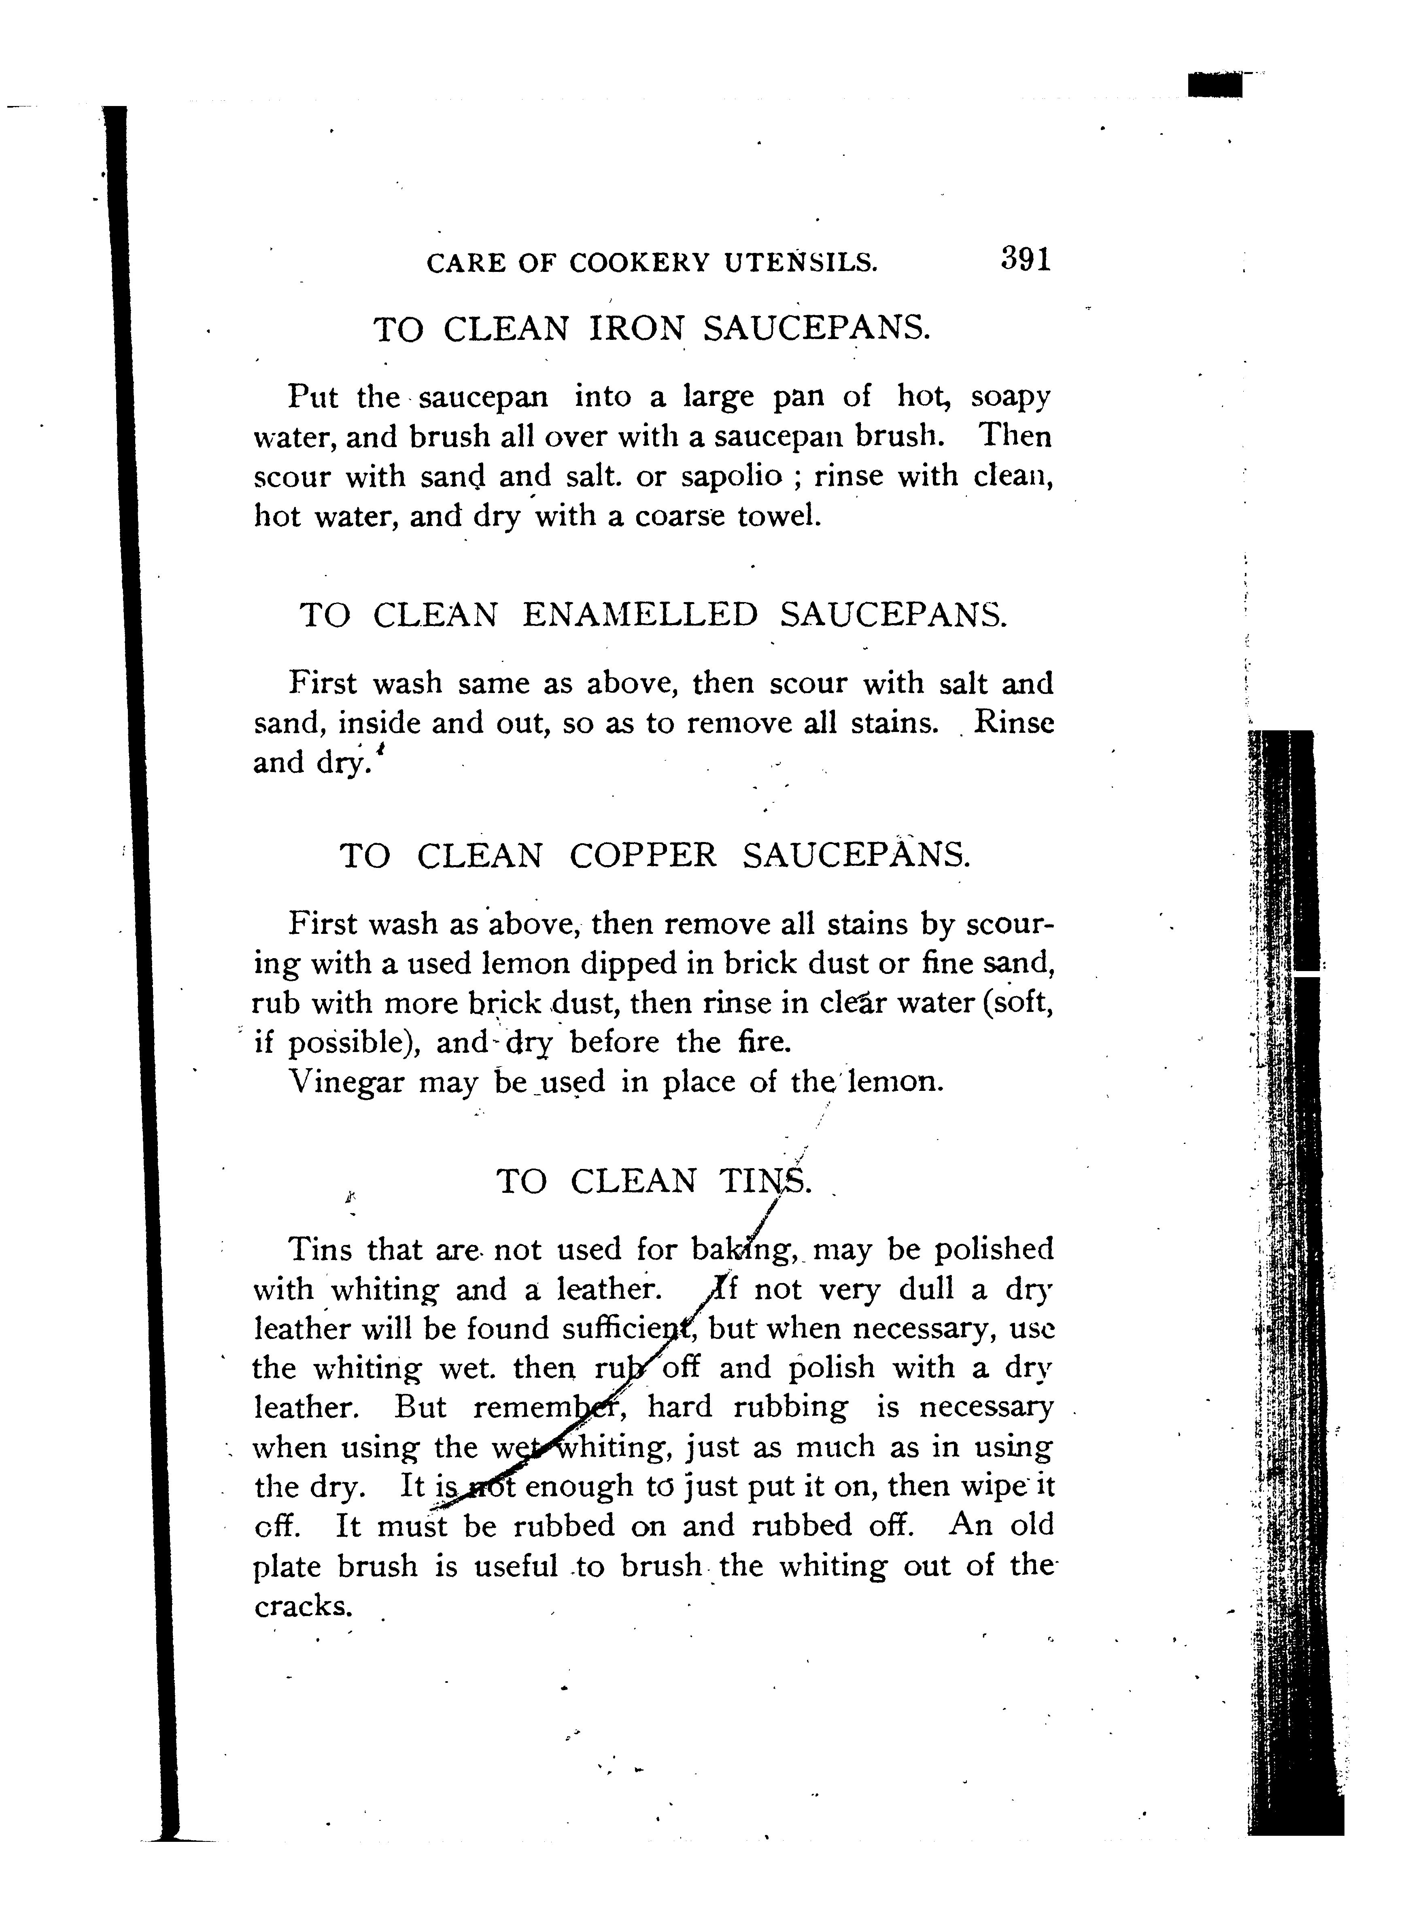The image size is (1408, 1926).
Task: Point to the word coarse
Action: (x=681, y=515)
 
